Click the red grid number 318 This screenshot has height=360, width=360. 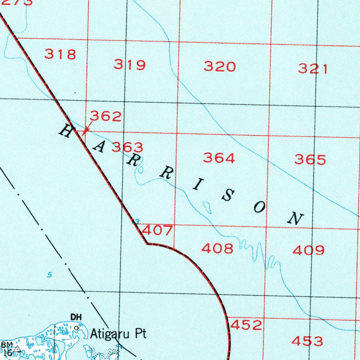pyautogui.click(x=60, y=54)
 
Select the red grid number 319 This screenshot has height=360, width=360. pyautogui.click(x=130, y=65)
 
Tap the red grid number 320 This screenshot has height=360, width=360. pyautogui.click(x=220, y=66)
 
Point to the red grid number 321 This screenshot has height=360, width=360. pyautogui.click(x=313, y=69)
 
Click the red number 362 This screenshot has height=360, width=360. pyautogui.click(x=106, y=116)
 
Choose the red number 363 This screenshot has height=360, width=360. pyautogui.click(x=127, y=147)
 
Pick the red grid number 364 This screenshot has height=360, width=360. pyautogui.click(x=219, y=158)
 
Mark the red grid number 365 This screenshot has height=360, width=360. pyautogui.click(x=310, y=160)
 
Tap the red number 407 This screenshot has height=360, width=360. pyautogui.click(x=157, y=231)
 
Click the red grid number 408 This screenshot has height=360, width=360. pyautogui.click(x=217, y=249)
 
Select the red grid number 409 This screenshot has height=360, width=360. pyautogui.click(x=309, y=250)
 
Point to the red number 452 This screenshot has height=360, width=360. pyautogui.click(x=246, y=325)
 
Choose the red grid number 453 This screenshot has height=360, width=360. pyautogui.click(x=307, y=341)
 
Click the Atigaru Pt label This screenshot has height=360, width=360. pyautogui.click(x=118, y=334)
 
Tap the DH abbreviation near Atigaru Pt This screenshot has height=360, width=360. pyautogui.click(x=76, y=317)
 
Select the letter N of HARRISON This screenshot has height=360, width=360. pyautogui.click(x=295, y=219)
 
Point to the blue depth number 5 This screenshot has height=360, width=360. pyautogui.click(x=50, y=275)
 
